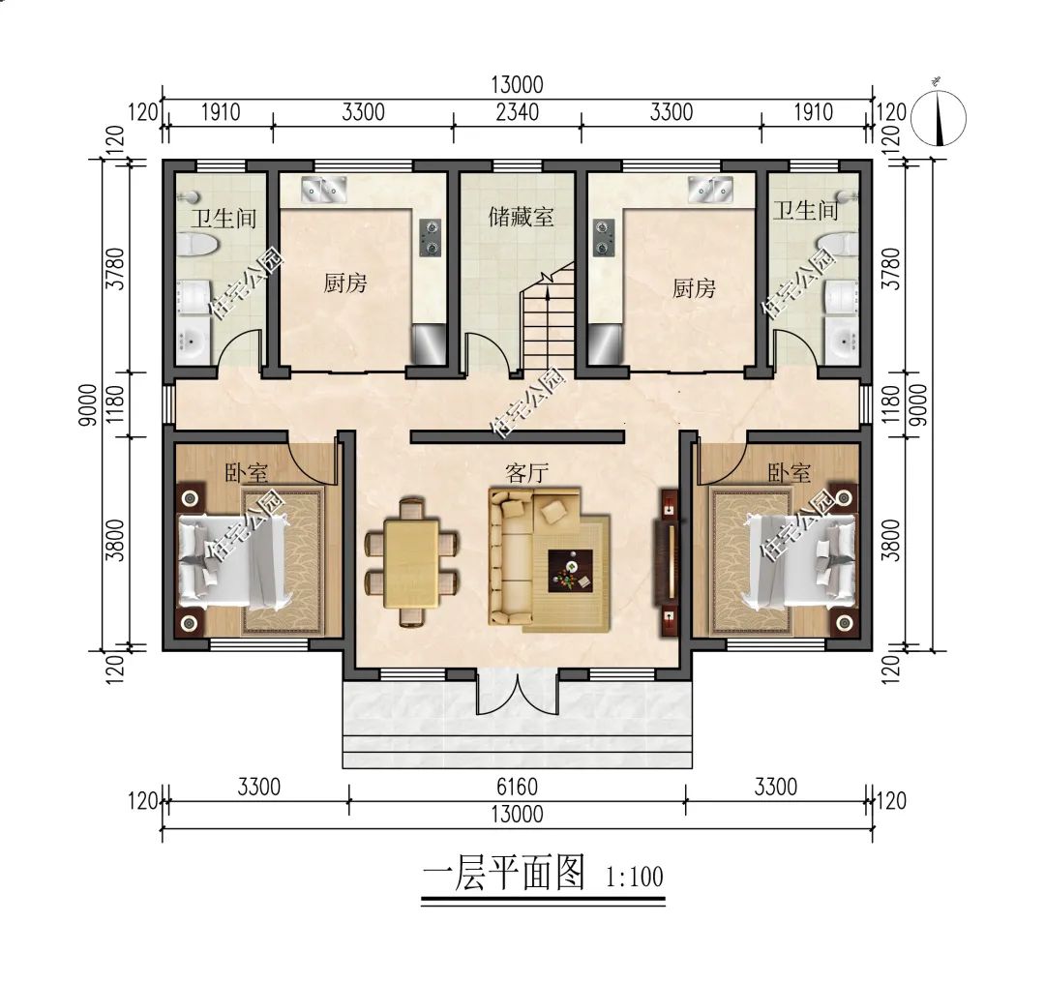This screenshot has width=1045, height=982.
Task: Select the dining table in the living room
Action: (411, 562)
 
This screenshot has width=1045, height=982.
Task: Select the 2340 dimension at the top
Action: (517, 112)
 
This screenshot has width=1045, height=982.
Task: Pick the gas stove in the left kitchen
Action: (430, 238)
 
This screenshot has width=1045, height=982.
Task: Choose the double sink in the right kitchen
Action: (713, 189)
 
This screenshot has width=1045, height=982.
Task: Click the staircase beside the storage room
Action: (549, 324)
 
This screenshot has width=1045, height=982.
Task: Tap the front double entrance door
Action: (518, 695)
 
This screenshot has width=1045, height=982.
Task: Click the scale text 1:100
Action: (634, 878)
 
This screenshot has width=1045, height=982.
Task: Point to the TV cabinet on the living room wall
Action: (669, 560)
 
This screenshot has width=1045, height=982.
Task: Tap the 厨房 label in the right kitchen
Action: (694, 287)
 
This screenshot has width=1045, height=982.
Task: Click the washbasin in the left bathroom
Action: (193, 340)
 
